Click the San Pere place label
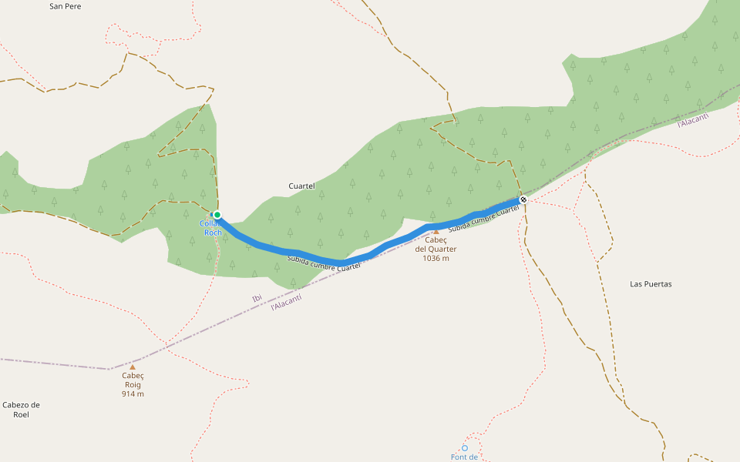[x=65, y=6]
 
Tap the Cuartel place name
[x=301, y=186]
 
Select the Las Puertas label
[x=651, y=284]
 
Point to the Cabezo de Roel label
[x=21, y=410]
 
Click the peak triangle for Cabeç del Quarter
[x=436, y=231]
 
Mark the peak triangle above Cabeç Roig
[x=133, y=367]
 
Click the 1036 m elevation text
[x=436, y=259]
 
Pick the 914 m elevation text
[x=133, y=394]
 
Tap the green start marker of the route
[x=217, y=215]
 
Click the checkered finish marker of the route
[x=523, y=200]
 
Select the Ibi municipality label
[x=257, y=298]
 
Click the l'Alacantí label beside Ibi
[x=286, y=302]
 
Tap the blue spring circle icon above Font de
[x=465, y=447]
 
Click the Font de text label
[x=464, y=457]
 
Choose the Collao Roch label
[x=210, y=228]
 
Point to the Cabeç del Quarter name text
[x=436, y=244]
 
